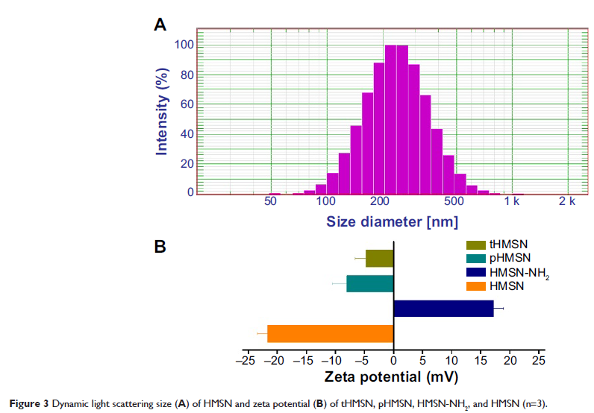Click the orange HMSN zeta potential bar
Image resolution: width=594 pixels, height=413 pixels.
pyautogui.click(x=330, y=333)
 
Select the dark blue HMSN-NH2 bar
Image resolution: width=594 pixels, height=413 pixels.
pyautogui.click(x=443, y=309)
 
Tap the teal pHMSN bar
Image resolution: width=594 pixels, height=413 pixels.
pyautogui.click(x=369, y=284)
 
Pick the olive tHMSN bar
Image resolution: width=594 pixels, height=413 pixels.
pyautogui.click(x=379, y=258)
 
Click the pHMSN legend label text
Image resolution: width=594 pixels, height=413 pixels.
pyautogui.click(x=511, y=259)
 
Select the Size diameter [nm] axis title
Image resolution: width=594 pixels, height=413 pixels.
pyautogui.click(x=393, y=221)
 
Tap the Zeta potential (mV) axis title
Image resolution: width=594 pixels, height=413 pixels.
pyautogui.click(x=394, y=377)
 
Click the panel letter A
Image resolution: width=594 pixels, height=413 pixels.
pyautogui.click(x=160, y=25)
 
